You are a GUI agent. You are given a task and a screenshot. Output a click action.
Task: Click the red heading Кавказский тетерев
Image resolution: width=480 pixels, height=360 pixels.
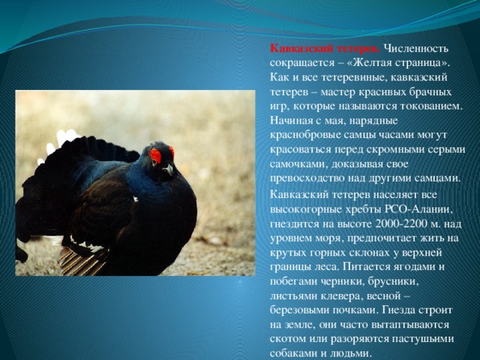click(325, 49)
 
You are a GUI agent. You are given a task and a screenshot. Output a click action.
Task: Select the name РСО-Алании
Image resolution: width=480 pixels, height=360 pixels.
click(418, 209)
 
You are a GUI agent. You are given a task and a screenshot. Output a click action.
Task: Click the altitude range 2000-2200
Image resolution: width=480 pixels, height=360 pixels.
click(401, 223)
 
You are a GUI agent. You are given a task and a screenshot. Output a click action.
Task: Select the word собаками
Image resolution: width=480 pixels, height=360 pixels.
click(293, 353)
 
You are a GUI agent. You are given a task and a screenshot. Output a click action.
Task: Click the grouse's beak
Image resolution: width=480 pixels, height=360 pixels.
click(168, 169)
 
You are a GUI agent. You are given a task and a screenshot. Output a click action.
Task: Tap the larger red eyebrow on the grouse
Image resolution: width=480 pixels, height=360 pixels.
click(155, 155)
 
